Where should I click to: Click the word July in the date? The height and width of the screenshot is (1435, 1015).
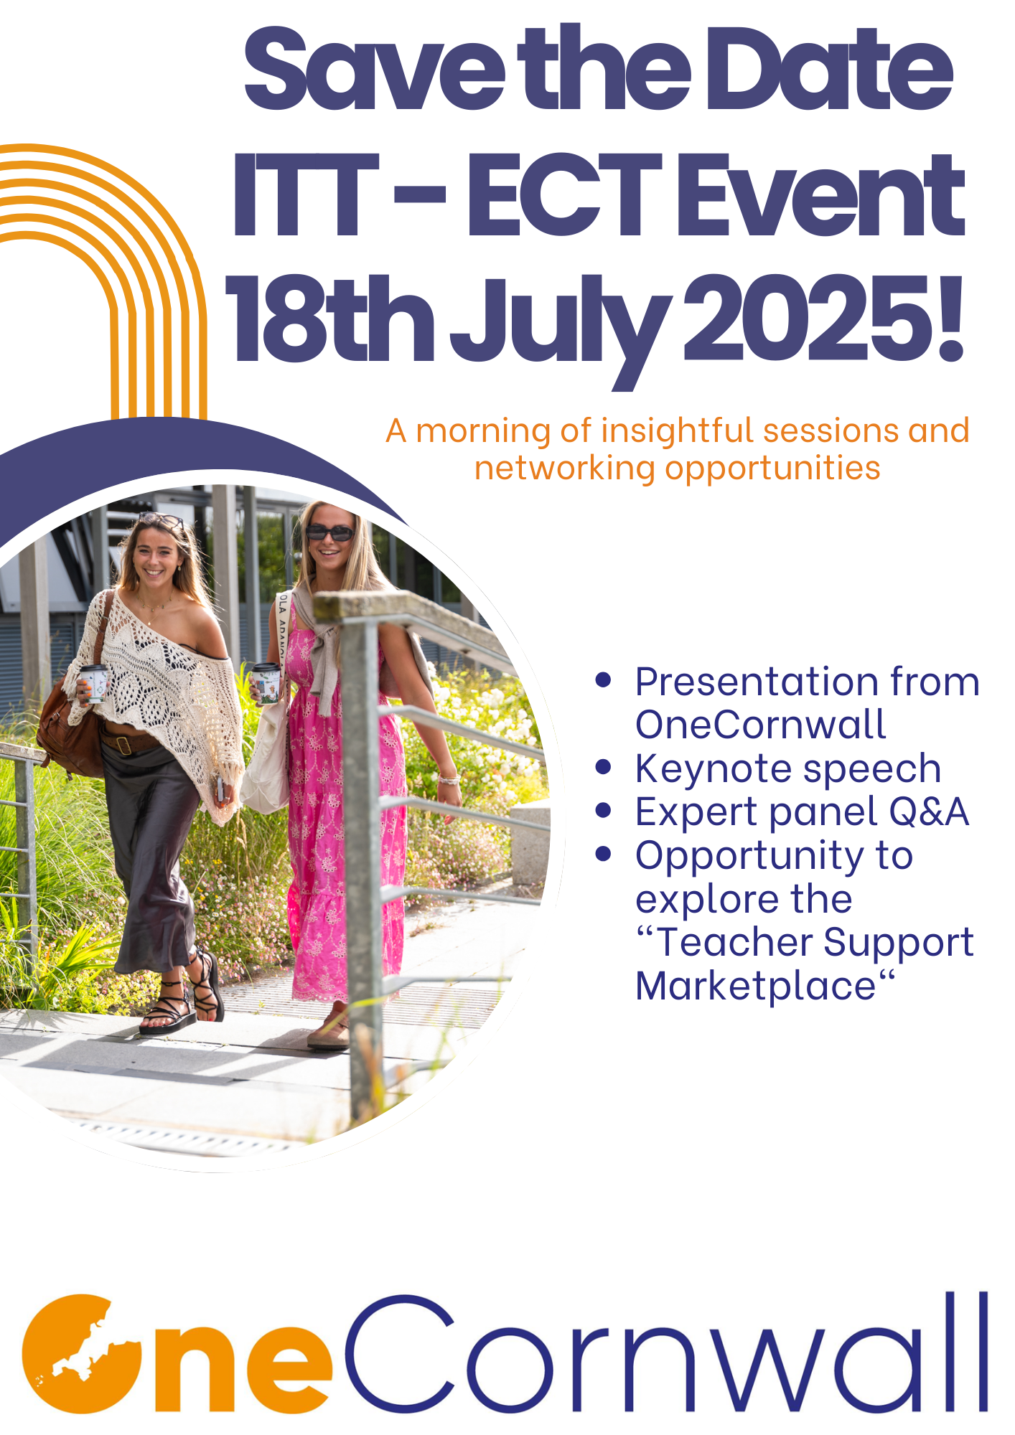[560, 330]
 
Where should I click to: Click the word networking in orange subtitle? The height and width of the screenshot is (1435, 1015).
[564, 469]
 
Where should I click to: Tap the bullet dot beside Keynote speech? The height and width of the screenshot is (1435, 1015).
[603, 768]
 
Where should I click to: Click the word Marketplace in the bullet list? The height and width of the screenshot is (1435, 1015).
[756, 986]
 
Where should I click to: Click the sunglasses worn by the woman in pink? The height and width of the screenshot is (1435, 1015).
[330, 532]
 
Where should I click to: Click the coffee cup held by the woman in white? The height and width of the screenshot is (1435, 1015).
[93, 682]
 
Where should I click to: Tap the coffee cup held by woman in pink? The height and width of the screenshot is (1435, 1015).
[266, 682]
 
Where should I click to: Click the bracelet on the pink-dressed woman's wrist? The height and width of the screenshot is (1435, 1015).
[449, 779]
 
